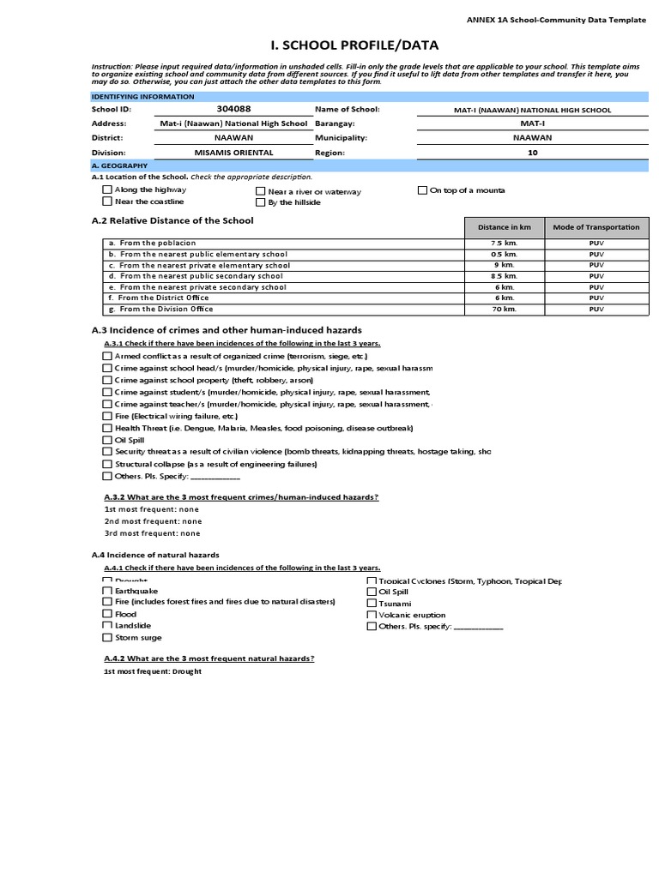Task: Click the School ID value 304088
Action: pyautogui.click(x=233, y=110)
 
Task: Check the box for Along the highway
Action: pyautogui.click(x=107, y=189)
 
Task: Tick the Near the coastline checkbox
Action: pyautogui.click(x=107, y=201)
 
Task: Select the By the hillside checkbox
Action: pyautogui.click(x=260, y=203)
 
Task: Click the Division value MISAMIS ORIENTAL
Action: pyautogui.click(x=233, y=152)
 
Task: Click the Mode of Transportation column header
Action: pyautogui.click(x=596, y=227)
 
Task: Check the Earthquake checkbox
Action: pyautogui.click(x=107, y=591)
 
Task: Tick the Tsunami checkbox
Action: pyautogui.click(x=372, y=603)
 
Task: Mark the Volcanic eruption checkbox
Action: pyautogui.click(x=372, y=615)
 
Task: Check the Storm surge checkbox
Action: pyautogui.click(x=107, y=638)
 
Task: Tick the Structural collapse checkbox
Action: pyautogui.click(x=107, y=464)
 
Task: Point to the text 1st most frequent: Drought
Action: pyautogui.click(x=152, y=672)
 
